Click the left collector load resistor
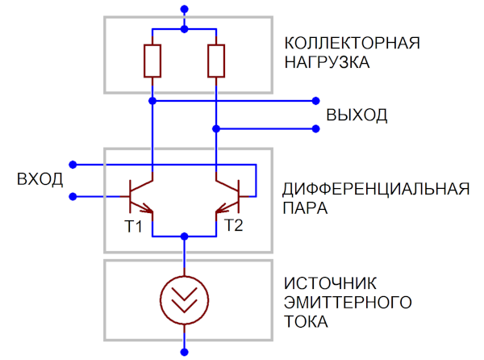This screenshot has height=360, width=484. (152, 61)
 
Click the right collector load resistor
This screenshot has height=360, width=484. (216, 61)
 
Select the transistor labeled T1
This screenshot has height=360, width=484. (141, 195)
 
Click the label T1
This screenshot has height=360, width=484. (133, 227)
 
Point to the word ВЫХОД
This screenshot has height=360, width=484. (357, 115)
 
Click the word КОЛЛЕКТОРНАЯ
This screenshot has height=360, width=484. (353, 42)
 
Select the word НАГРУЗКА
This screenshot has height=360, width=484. (327, 62)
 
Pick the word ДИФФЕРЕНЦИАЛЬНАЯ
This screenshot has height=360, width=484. (376, 190)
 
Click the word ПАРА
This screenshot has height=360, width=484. (305, 209)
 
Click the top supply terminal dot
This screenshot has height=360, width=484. (185, 10)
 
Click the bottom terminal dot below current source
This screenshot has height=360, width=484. (185, 352)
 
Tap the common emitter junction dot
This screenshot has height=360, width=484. (185, 236)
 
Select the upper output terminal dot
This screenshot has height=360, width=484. (315, 102)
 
